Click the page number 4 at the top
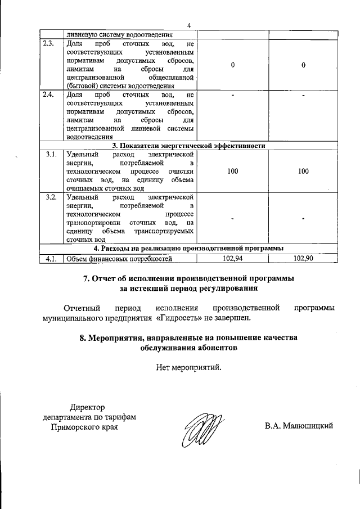coord(189,25)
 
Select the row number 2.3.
coord(49,44)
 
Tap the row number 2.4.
coord(49,94)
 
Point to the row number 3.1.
coord(49,153)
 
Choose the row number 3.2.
coord(49,197)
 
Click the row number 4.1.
coord(49,259)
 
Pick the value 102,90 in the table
coord(303,259)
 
